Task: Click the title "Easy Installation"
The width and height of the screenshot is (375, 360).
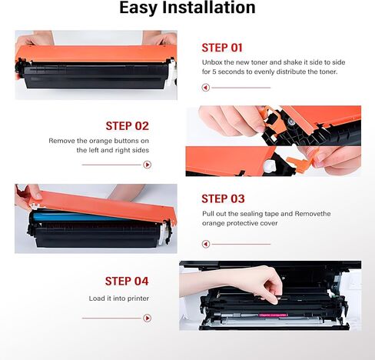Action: pos(187,9)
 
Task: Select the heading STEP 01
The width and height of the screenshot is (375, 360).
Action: pos(222,47)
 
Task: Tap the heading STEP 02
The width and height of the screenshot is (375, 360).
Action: pos(127,126)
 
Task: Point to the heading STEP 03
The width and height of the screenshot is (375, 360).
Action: pos(222,198)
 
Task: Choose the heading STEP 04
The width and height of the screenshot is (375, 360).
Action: pos(127,281)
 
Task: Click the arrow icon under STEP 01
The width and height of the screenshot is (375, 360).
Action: pos(206,88)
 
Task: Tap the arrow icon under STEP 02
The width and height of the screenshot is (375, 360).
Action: pos(147,165)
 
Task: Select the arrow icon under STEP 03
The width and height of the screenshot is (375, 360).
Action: pos(206,244)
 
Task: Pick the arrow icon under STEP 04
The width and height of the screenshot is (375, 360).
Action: pos(147,318)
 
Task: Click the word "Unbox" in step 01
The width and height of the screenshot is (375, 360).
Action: pos(214,62)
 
